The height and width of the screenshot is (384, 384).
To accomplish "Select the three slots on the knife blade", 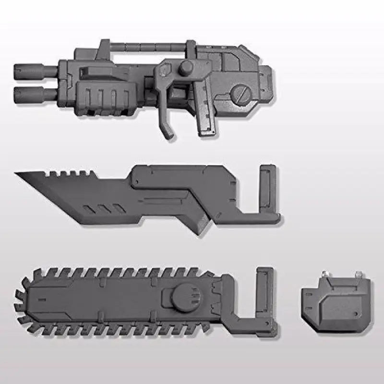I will pos(98,209).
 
